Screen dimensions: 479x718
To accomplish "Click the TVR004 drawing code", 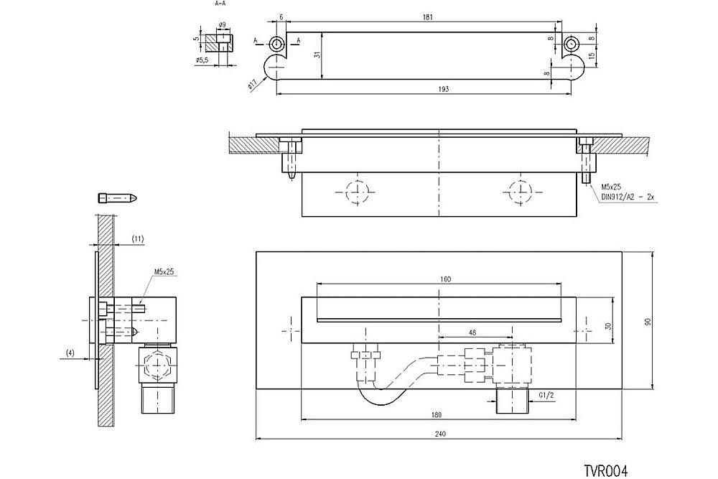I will (606, 470).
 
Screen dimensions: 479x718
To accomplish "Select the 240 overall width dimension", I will (439, 433).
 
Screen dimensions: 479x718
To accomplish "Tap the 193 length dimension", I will (443, 88).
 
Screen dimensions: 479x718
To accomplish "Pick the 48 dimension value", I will (471, 332).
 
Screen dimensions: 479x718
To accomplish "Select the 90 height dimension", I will (648, 323).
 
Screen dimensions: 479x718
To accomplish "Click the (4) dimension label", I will (70, 352).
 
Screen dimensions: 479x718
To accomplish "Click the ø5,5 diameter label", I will (201, 61).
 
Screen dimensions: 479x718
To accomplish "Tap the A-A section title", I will (222, 4).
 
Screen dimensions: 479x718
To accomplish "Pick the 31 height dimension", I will (317, 55).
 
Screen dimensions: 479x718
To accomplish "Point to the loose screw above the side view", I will (117, 197).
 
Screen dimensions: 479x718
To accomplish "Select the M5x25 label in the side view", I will (164, 272).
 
